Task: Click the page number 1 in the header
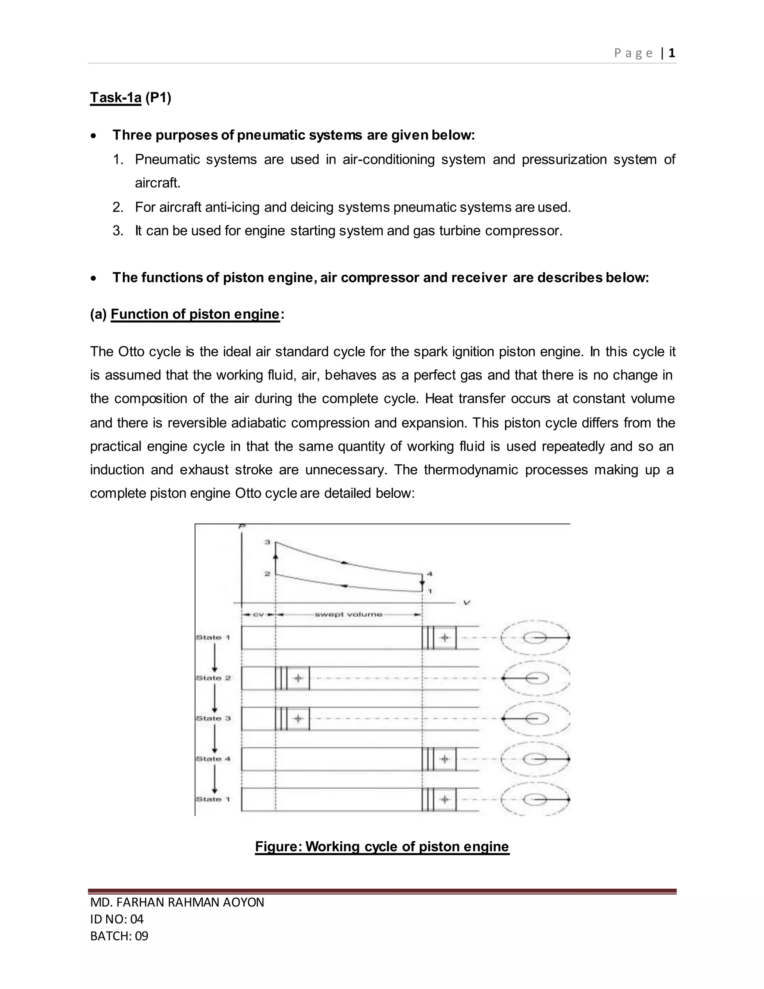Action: pos(671,53)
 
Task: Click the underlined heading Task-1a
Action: pos(115,97)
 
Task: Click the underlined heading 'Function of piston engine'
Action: pos(195,314)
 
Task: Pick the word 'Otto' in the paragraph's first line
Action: pos(132,352)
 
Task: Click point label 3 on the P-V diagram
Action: pos(267,542)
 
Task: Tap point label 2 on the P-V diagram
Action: pos(267,574)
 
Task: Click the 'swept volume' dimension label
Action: pos(348,615)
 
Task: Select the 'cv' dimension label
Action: pos(258,615)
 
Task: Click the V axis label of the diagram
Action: pos(467,603)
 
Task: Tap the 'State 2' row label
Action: pos(213,678)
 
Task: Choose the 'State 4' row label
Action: pos(213,758)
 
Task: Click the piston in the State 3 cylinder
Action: pos(292,719)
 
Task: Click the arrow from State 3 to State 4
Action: pos(215,738)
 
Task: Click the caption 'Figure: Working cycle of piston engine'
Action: pos(382,846)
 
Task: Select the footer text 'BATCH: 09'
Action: pos(119,936)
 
